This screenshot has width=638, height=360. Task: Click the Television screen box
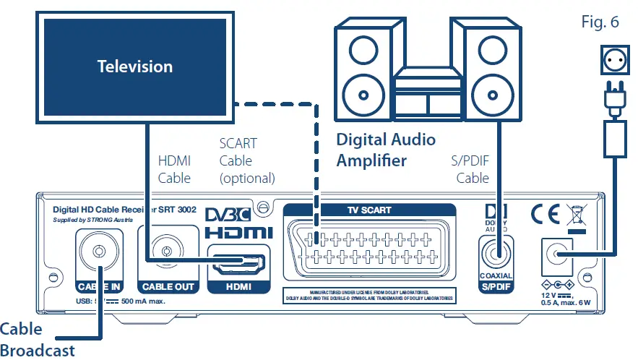(135, 67)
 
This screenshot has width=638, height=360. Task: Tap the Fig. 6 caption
(600, 22)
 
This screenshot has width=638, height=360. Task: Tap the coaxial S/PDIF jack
(496, 254)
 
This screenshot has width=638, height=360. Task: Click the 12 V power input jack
(557, 254)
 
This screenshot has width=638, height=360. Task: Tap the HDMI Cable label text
(174, 169)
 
